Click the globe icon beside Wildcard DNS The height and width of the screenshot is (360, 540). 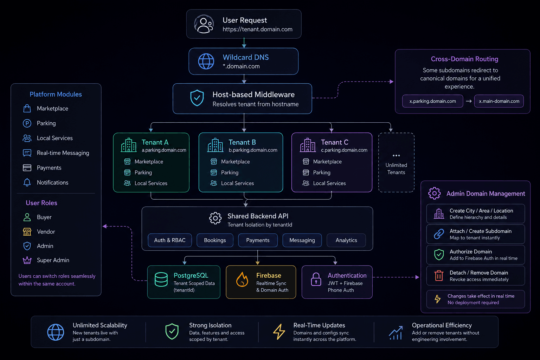click(206, 61)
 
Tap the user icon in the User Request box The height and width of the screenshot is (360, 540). click(204, 24)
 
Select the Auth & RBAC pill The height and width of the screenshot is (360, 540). click(170, 240)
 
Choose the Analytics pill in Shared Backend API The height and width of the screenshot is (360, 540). click(346, 240)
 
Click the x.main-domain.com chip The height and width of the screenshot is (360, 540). click(499, 101)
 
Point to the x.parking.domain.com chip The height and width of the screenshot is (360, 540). click(432, 101)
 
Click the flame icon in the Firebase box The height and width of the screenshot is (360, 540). click(242, 279)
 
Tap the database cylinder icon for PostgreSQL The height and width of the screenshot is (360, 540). click(161, 279)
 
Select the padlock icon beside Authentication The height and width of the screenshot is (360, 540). click(316, 279)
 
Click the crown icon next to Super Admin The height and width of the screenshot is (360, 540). click(27, 260)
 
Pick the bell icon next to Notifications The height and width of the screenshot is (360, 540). click(27, 182)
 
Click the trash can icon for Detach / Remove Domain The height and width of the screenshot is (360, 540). click(439, 276)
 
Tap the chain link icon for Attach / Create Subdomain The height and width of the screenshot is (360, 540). click(439, 234)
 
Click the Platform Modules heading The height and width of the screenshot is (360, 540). click(56, 94)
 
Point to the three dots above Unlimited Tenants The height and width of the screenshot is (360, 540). click(396, 155)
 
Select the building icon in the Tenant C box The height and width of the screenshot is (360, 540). click(308, 145)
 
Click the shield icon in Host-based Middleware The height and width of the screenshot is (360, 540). click(197, 98)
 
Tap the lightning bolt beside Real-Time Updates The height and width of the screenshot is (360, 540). click(279, 332)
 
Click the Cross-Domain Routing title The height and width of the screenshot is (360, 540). click(464, 59)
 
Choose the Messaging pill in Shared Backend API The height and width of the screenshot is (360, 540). click(302, 240)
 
